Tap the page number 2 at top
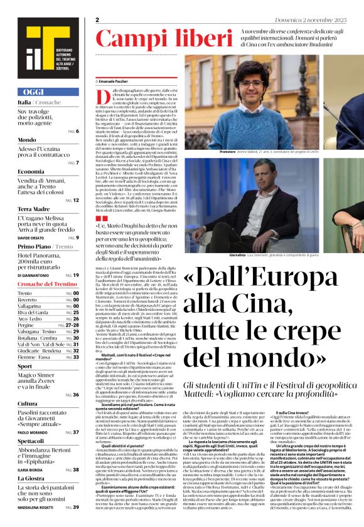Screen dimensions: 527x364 98,19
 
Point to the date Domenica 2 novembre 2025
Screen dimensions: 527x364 329,20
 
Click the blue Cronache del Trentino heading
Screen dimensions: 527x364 48,284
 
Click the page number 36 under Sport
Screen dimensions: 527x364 75,395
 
